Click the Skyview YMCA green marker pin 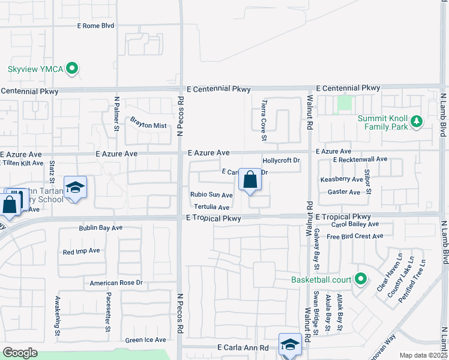pyautogui.click(x=72, y=69)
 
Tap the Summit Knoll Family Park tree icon pyautogui.click(x=417, y=123)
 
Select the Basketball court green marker pyautogui.click(x=360, y=279)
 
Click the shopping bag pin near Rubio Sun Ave pyautogui.click(x=250, y=180)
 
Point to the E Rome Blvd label pyautogui.click(x=95, y=26)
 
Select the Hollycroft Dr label pyautogui.click(x=281, y=161)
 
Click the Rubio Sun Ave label pyautogui.click(x=211, y=195)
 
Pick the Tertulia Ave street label pyautogui.click(x=208, y=207)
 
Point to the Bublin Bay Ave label pyautogui.click(x=101, y=228)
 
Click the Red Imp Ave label pyautogui.click(x=81, y=251)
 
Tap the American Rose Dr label pyautogui.click(x=116, y=283)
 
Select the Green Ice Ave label pyautogui.click(x=145, y=340)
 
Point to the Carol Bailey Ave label pyautogui.click(x=355, y=224)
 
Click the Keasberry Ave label pyautogui.click(x=342, y=179)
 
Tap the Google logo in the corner pyautogui.click(x=20, y=353)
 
